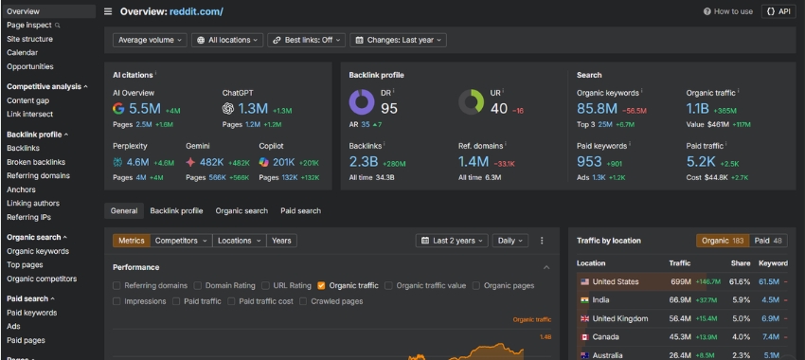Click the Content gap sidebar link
tap(27, 100)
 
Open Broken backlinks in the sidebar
tap(36, 162)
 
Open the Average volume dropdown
tap(150, 40)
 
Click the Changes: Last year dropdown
tap(398, 40)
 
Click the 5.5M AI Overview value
tap(145, 109)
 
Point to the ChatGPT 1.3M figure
tap(254, 109)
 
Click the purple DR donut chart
tap(361, 101)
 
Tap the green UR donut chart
tap(471, 101)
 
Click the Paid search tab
tap(300, 210)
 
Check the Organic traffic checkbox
tap(322, 285)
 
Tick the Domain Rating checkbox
tap(199, 285)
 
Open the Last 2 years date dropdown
tap(452, 241)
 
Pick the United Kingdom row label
tap(619, 318)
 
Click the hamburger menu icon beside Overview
tap(108, 11)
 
